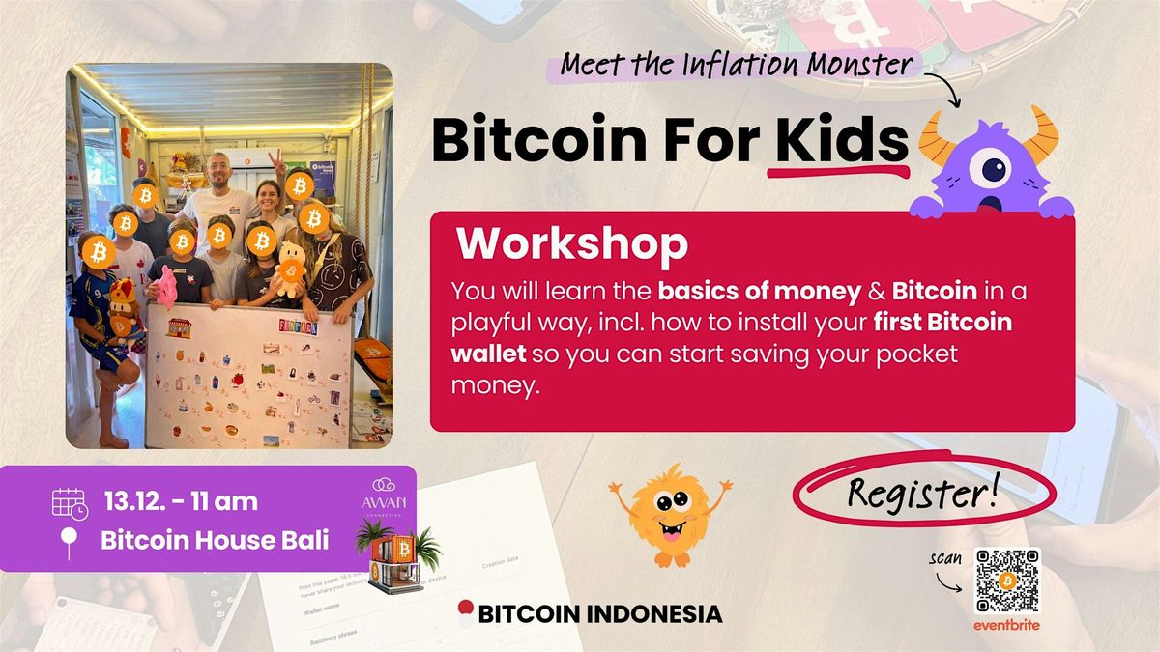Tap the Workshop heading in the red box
(x=572, y=244)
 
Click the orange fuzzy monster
(x=668, y=511)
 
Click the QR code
(x=1006, y=581)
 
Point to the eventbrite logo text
(x=1006, y=625)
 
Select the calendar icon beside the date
(x=70, y=504)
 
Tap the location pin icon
(x=69, y=542)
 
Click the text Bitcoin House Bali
(x=214, y=540)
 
